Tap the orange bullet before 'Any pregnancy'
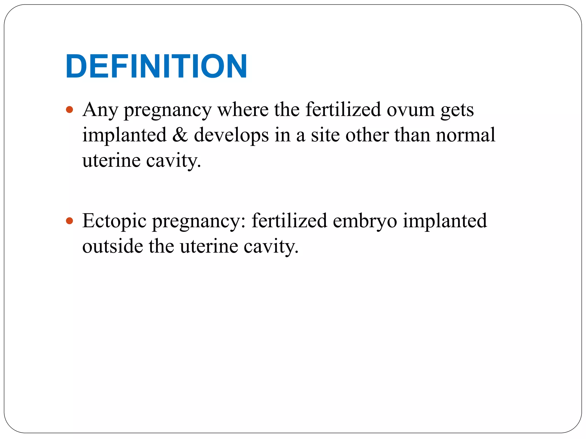click(x=70, y=109)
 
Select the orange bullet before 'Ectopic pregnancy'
click(x=70, y=221)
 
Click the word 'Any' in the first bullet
click(x=100, y=110)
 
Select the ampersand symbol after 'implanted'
click(x=180, y=135)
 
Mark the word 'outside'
click(x=112, y=246)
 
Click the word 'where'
click(x=243, y=109)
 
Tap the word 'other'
click(x=367, y=135)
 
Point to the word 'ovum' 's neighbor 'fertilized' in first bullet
click(x=343, y=109)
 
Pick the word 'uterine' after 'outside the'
click(x=209, y=246)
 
